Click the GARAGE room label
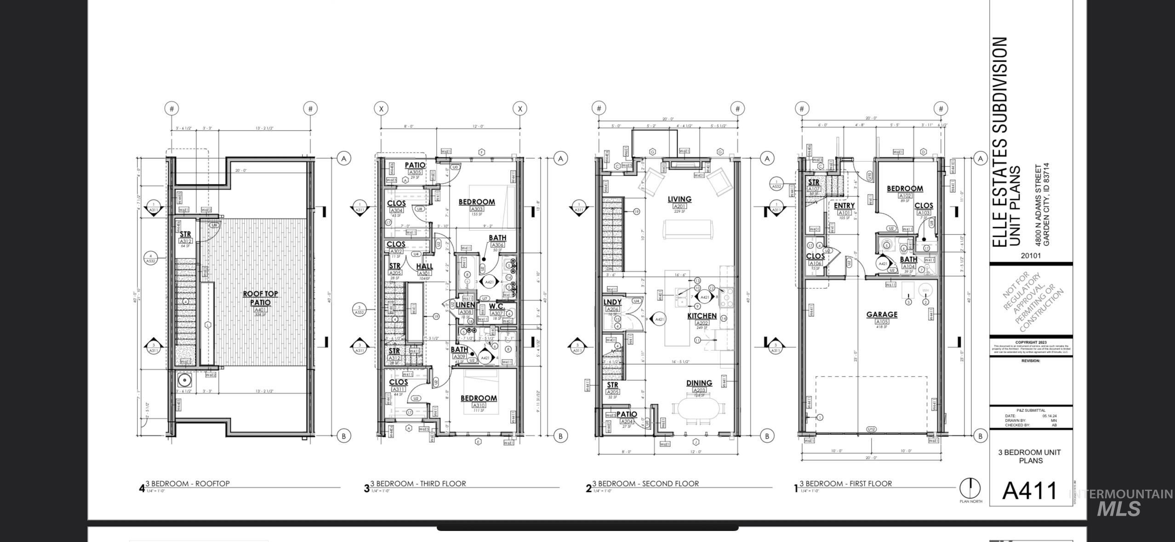(882, 314)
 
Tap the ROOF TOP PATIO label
(260, 298)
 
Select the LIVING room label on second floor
(679, 199)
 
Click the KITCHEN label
(702, 316)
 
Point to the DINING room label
(699, 383)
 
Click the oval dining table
(698, 408)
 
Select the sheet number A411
(1030, 491)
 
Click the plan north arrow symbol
(970, 488)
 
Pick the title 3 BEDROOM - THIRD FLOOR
(418, 484)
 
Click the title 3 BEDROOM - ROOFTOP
(187, 484)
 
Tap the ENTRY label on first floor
(844, 205)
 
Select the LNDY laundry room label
(612, 302)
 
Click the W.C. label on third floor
(497, 306)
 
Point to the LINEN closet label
(465, 305)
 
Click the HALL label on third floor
(424, 266)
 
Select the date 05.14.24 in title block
(1050, 416)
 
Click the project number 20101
(1030, 256)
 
